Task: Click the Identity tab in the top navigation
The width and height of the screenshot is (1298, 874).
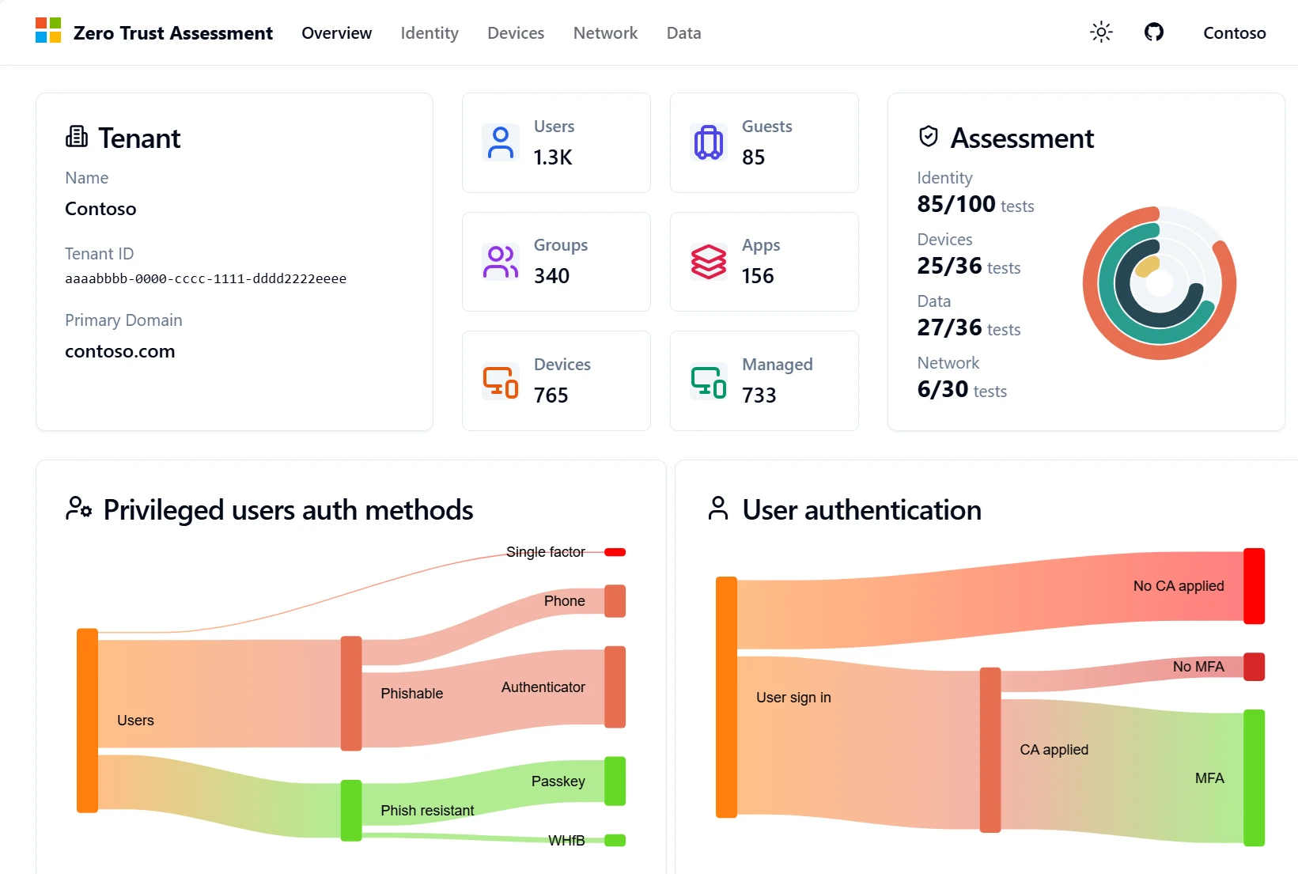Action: pyautogui.click(x=429, y=33)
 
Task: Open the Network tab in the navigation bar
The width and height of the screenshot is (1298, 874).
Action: pyautogui.click(x=605, y=33)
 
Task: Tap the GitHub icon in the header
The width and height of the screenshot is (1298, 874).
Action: pyautogui.click(x=1153, y=32)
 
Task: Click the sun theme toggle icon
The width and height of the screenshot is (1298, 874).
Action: pyautogui.click(x=1101, y=32)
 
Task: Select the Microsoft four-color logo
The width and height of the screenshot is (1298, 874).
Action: pyautogui.click(x=48, y=31)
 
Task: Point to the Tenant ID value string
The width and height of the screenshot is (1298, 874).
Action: pyautogui.click(x=206, y=278)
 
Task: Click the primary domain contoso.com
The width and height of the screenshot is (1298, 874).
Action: pyautogui.click(x=120, y=351)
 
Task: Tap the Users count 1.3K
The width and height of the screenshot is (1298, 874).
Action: pyautogui.click(x=553, y=157)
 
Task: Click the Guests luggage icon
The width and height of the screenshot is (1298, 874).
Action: pyautogui.click(x=708, y=142)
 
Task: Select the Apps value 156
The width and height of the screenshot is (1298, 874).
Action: pyautogui.click(x=757, y=276)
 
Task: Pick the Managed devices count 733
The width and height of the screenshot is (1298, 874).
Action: pyautogui.click(x=759, y=395)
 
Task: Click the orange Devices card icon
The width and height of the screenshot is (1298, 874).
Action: pyautogui.click(x=500, y=381)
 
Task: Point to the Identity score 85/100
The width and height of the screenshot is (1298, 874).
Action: pyautogui.click(x=956, y=204)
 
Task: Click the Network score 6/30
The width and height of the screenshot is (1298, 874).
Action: pyautogui.click(x=942, y=389)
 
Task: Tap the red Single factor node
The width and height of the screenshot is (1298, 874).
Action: pyautogui.click(x=615, y=552)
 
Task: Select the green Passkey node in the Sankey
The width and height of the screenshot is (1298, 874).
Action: pyautogui.click(x=615, y=781)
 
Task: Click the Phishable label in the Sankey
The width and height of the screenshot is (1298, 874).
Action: pyautogui.click(x=411, y=694)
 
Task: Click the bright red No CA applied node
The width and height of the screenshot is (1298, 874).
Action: pyautogui.click(x=1254, y=586)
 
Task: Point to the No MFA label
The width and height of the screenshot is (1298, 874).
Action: pyautogui.click(x=1198, y=667)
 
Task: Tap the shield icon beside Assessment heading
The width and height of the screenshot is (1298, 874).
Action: pyautogui.click(x=928, y=137)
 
